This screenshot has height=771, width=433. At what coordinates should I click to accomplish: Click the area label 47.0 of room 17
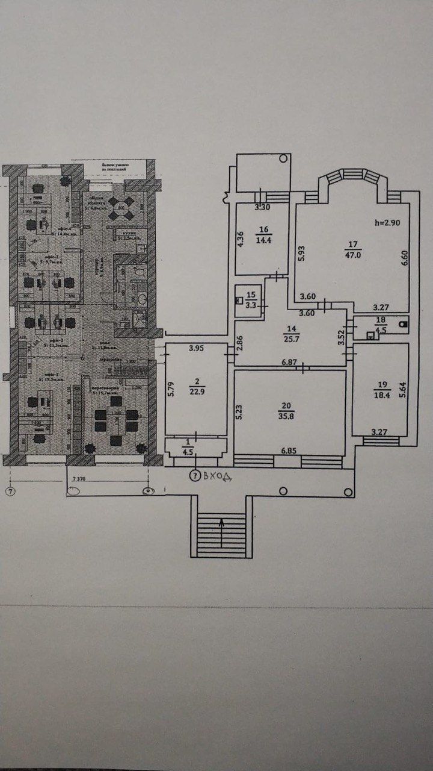click(x=353, y=254)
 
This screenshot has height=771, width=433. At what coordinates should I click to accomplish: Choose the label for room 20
click(x=291, y=404)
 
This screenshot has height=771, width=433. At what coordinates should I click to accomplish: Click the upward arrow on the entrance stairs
click(x=222, y=525)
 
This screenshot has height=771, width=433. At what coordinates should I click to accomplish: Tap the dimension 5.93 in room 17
click(x=301, y=252)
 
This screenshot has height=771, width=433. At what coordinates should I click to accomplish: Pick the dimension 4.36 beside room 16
click(x=240, y=240)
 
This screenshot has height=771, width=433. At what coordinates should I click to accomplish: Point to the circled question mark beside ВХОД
click(x=194, y=475)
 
